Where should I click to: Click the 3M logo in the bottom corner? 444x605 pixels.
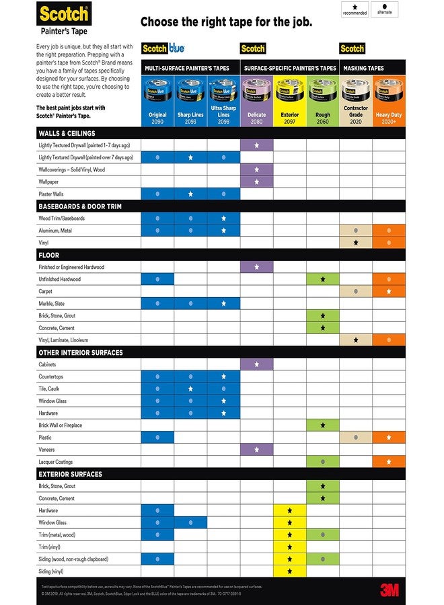[389, 590]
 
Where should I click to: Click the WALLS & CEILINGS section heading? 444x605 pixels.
[67, 133]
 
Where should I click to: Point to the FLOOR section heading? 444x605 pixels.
[49, 255]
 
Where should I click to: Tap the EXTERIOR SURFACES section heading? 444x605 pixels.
[70, 474]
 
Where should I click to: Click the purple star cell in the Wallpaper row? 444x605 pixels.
[256, 182]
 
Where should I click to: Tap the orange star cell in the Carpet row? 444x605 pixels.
[389, 292]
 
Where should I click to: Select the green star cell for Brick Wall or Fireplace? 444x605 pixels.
[322, 426]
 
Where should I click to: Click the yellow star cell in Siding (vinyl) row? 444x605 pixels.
[289, 571]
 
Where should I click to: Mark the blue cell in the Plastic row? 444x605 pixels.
[157, 438]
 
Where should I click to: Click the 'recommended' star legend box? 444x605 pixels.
[355, 9]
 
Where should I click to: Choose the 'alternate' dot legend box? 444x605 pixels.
[384, 9]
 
